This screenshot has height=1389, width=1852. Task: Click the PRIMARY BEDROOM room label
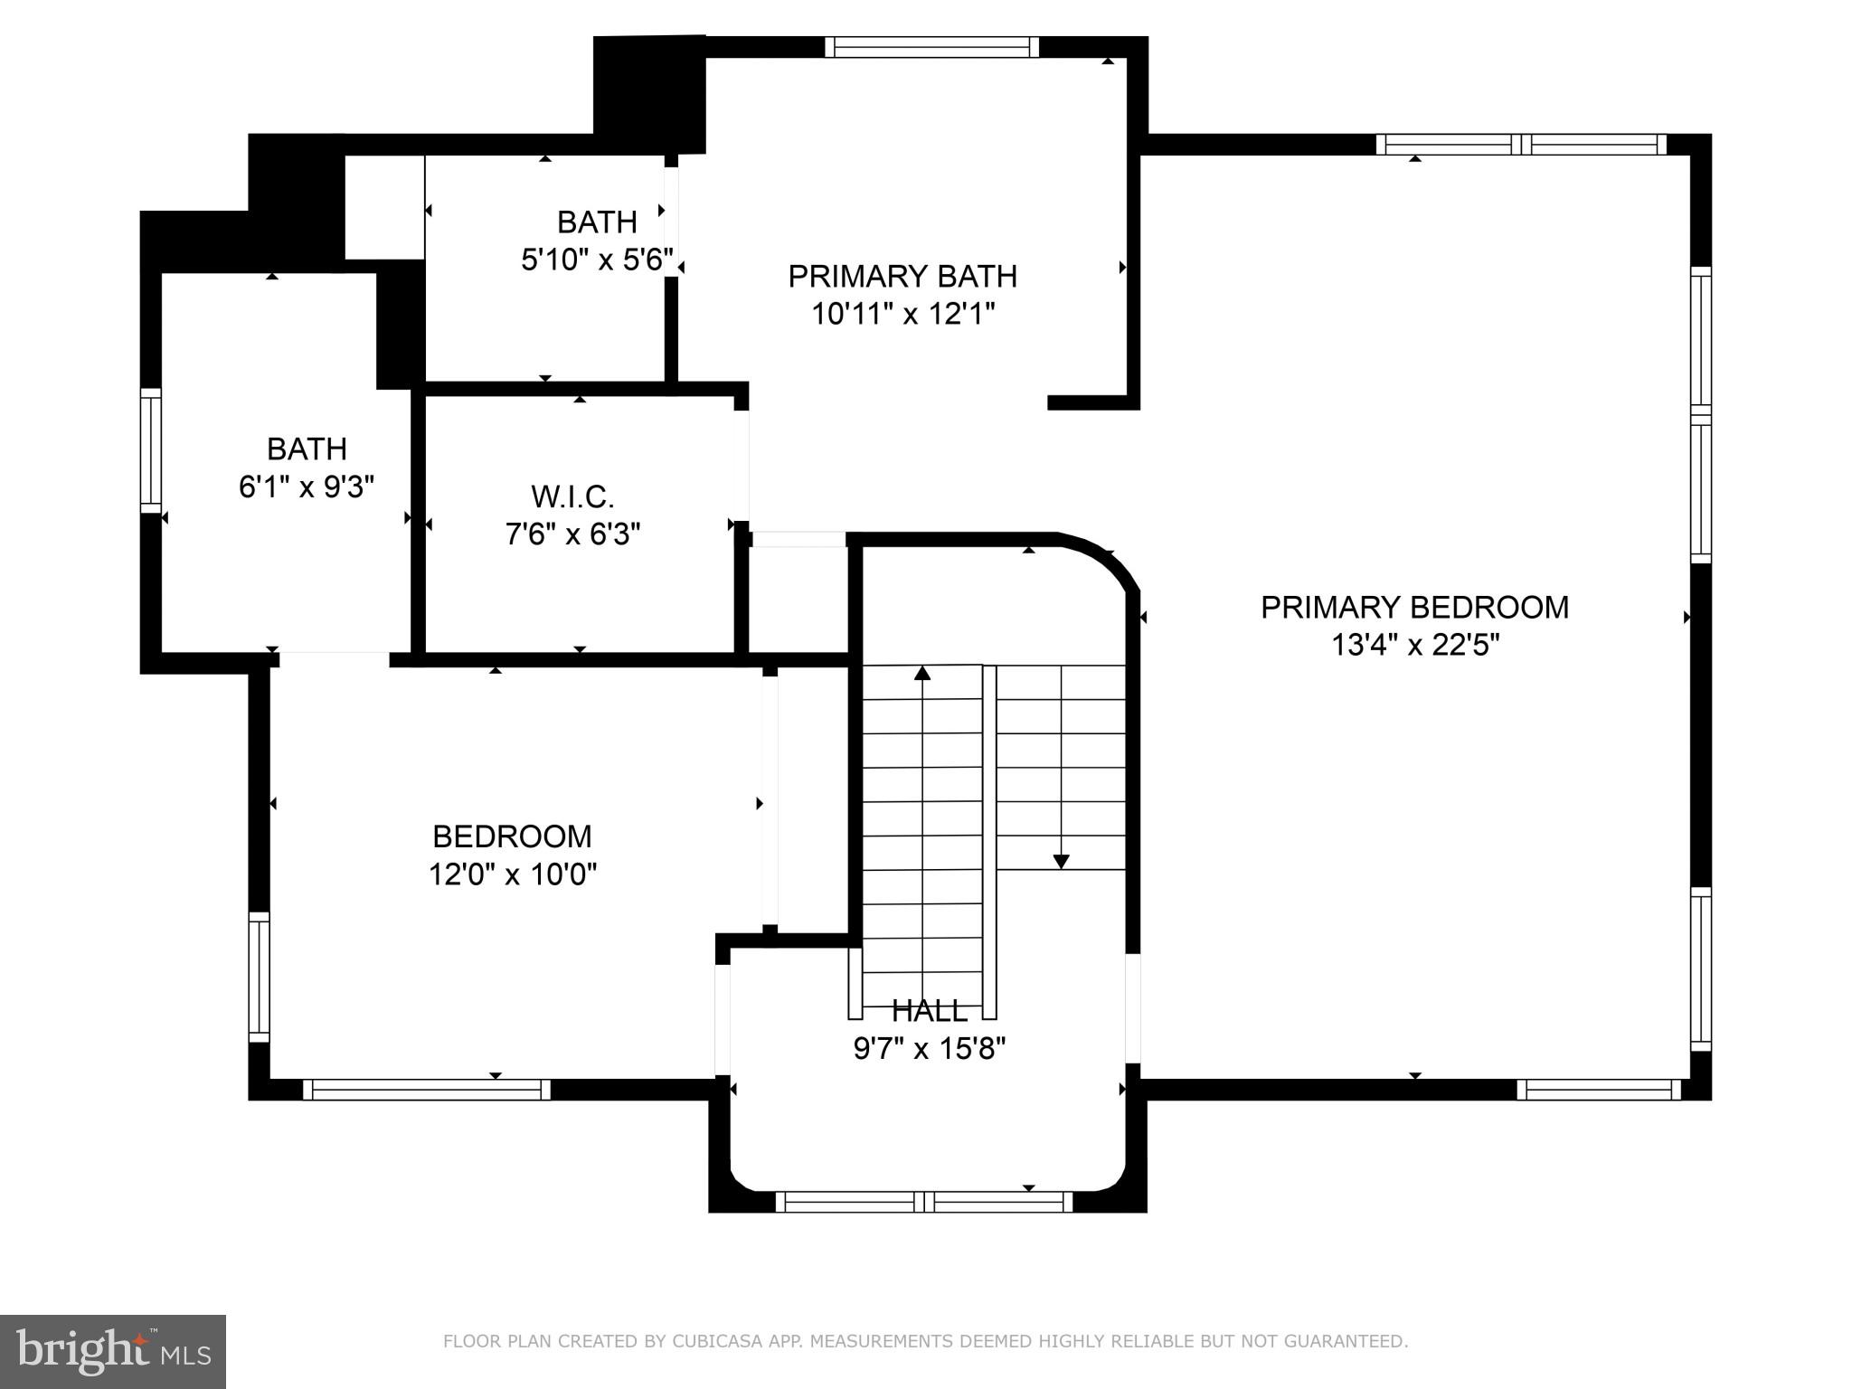coord(1414,607)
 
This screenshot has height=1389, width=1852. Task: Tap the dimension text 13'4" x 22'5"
coord(1415,646)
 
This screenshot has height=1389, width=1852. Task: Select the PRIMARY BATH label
coord(902,276)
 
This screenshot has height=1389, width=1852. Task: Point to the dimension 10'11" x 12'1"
coord(902,315)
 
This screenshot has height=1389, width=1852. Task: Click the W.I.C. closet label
coord(572,496)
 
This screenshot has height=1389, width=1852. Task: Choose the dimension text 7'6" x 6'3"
coord(572,534)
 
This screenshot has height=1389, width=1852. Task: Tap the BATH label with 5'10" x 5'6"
coord(597,222)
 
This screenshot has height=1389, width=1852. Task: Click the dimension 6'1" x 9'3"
coord(306,487)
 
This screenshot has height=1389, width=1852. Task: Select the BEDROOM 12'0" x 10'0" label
coord(512,836)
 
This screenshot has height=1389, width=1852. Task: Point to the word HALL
coord(930,1010)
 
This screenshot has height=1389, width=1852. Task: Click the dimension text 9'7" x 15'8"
coord(930,1049)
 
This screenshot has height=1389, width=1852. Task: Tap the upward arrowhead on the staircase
coord(922,673)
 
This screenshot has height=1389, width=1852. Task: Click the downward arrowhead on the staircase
coord(1062,862)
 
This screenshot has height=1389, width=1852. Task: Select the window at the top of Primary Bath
coord(931,47)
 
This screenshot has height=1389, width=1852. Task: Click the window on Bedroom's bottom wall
coord(426,1090)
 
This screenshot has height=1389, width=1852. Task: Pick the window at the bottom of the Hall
coord(923,1202)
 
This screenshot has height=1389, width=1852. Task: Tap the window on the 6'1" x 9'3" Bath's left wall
coord(151,450)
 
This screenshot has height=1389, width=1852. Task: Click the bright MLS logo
coord(113,1351)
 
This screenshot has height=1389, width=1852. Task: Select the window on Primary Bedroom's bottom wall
coord(1598,1090)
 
